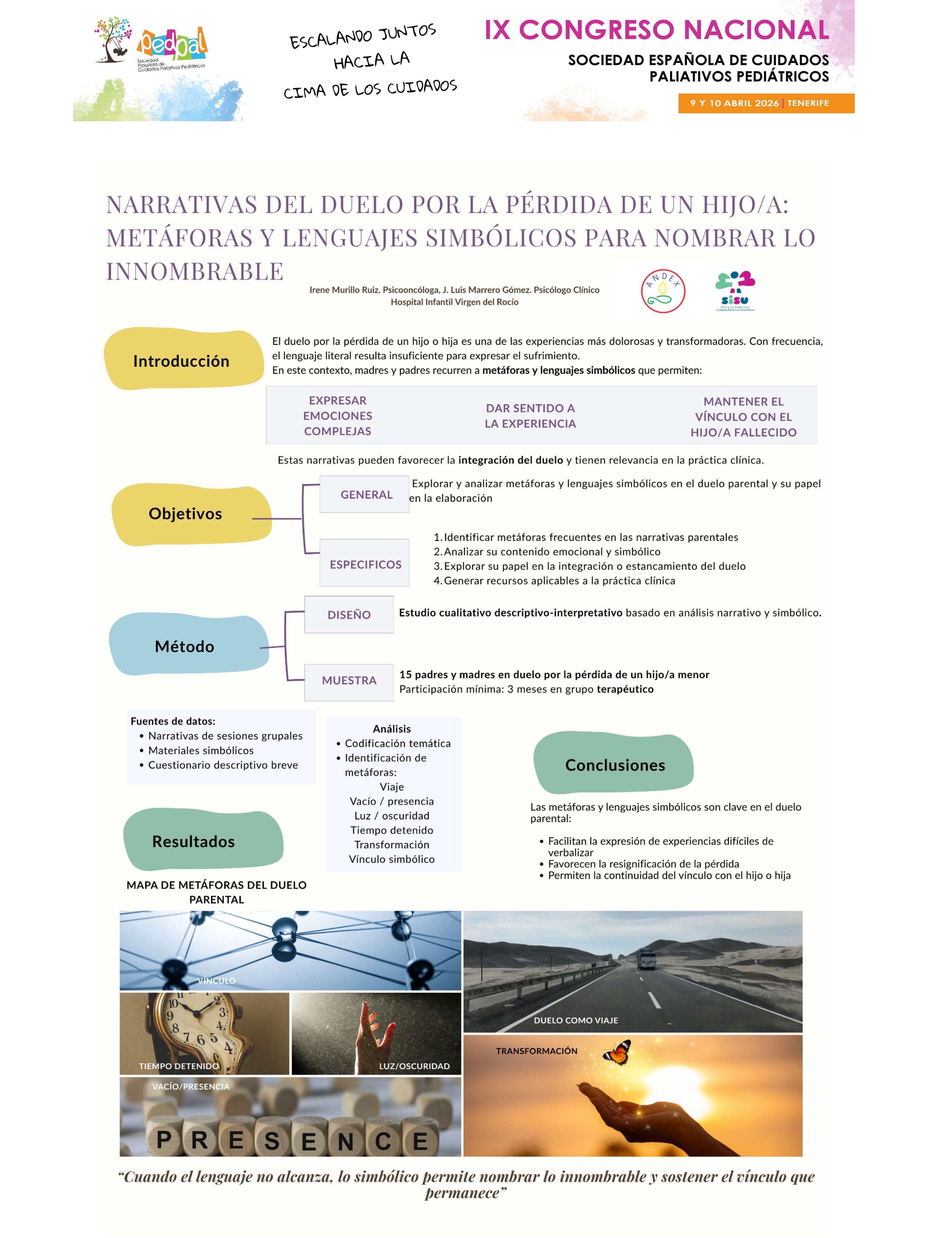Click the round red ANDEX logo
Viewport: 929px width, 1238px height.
click(x=663, y=291)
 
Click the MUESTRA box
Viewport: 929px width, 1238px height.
click(x=349, y=681)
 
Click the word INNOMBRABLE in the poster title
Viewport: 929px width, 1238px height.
click(x=195, y=271)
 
